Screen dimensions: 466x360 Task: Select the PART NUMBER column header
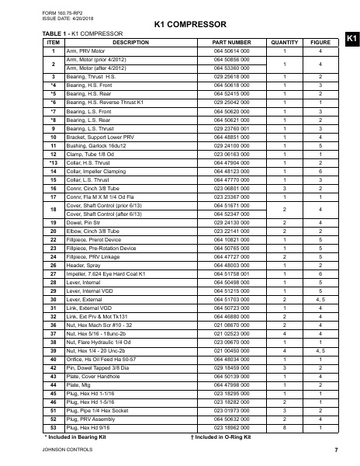pos(231,42)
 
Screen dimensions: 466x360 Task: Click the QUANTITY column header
pos(286,42)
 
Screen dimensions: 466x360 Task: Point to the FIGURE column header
pos(320,42)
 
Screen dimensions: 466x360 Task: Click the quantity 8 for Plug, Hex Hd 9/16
pos(286,428)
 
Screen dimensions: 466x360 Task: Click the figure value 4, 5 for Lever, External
pos(320,298)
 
